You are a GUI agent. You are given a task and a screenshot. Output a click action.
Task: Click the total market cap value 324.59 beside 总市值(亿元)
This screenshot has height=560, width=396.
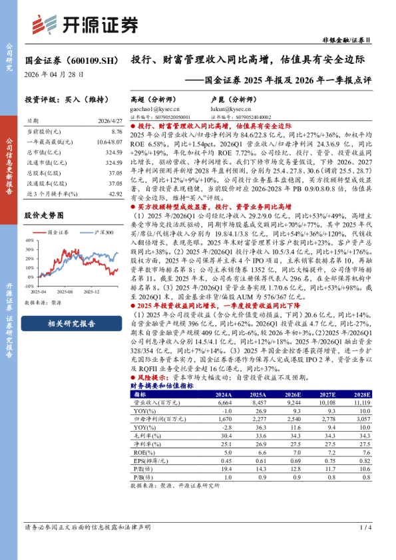click(114, 152)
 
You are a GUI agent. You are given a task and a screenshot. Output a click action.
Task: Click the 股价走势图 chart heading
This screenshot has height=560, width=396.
click(44, 216)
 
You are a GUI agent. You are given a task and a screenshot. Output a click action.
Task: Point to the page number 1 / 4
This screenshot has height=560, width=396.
click(363, 527)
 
